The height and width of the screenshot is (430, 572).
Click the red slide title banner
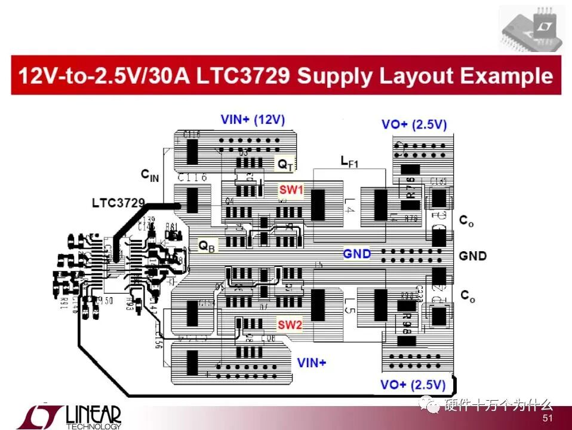[286, 75]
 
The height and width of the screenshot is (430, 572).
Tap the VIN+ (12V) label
[253, 120]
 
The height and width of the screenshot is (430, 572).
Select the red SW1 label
[291, 190]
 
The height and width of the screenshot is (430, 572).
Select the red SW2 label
[290, 325]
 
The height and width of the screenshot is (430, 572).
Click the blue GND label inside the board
[356, 254]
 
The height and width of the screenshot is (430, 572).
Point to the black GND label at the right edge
[472, 256]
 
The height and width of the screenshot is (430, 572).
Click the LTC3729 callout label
[118, 203]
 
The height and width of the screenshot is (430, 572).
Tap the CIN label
[150, 175]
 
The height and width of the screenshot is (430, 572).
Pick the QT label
[284, 163]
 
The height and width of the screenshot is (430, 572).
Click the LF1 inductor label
[349, 161]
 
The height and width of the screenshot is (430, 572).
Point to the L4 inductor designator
[349, 209]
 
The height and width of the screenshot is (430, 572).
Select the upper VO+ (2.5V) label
[414, 125]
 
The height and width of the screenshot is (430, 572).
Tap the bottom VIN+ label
[312, 362]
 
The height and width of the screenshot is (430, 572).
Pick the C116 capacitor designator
[192, 177]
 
